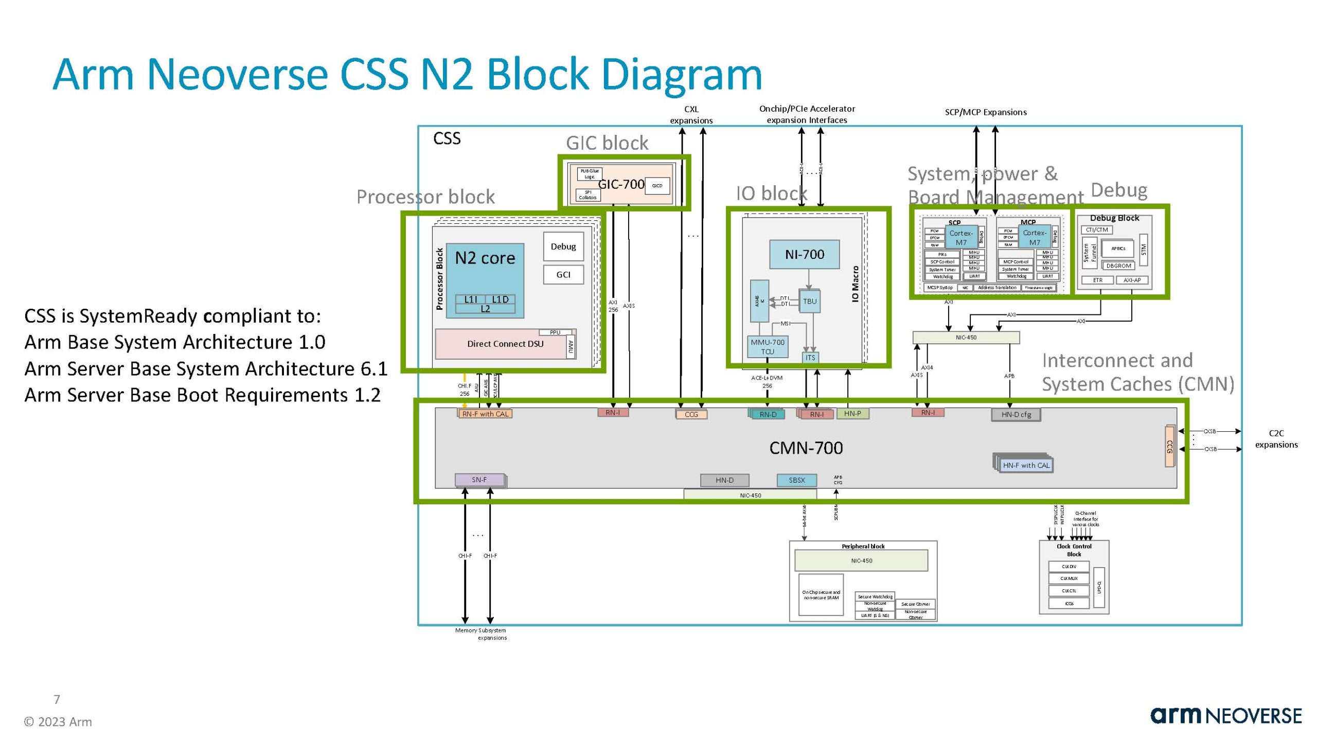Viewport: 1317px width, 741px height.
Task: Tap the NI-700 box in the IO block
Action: coord(804,254)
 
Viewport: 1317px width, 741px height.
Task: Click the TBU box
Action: coord(809,302)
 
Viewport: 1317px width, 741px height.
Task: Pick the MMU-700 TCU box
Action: coord(767,347)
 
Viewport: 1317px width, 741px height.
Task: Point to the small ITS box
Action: coord(810,358)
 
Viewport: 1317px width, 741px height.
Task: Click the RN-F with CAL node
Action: coord(485,414)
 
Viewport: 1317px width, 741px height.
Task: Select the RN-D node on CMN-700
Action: coord(768,414)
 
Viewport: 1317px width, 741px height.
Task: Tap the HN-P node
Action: coord(852,413)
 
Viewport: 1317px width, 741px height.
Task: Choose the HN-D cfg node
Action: coord(1016,415)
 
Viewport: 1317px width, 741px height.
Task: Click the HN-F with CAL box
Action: coord(1026,465)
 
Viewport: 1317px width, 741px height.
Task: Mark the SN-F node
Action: coord(479,480)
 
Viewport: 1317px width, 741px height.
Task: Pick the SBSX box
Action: coord(796,480)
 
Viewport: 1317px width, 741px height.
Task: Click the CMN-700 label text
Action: coord(806,448)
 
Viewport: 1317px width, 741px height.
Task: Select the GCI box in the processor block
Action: coord(563,275)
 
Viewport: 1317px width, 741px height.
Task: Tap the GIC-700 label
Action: coord(621,184)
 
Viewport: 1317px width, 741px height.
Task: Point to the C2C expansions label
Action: coord(1276,439)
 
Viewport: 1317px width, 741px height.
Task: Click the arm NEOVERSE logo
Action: coord(1225,716)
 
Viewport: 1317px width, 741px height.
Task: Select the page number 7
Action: coord(57,699)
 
